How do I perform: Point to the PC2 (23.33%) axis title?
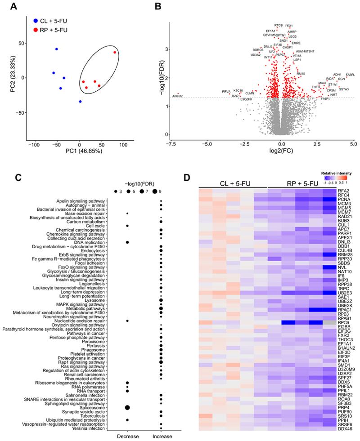[6, 77]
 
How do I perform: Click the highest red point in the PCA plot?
[115, 53]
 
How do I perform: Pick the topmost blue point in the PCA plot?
[57, 49]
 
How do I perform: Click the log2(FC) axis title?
[281, 152]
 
